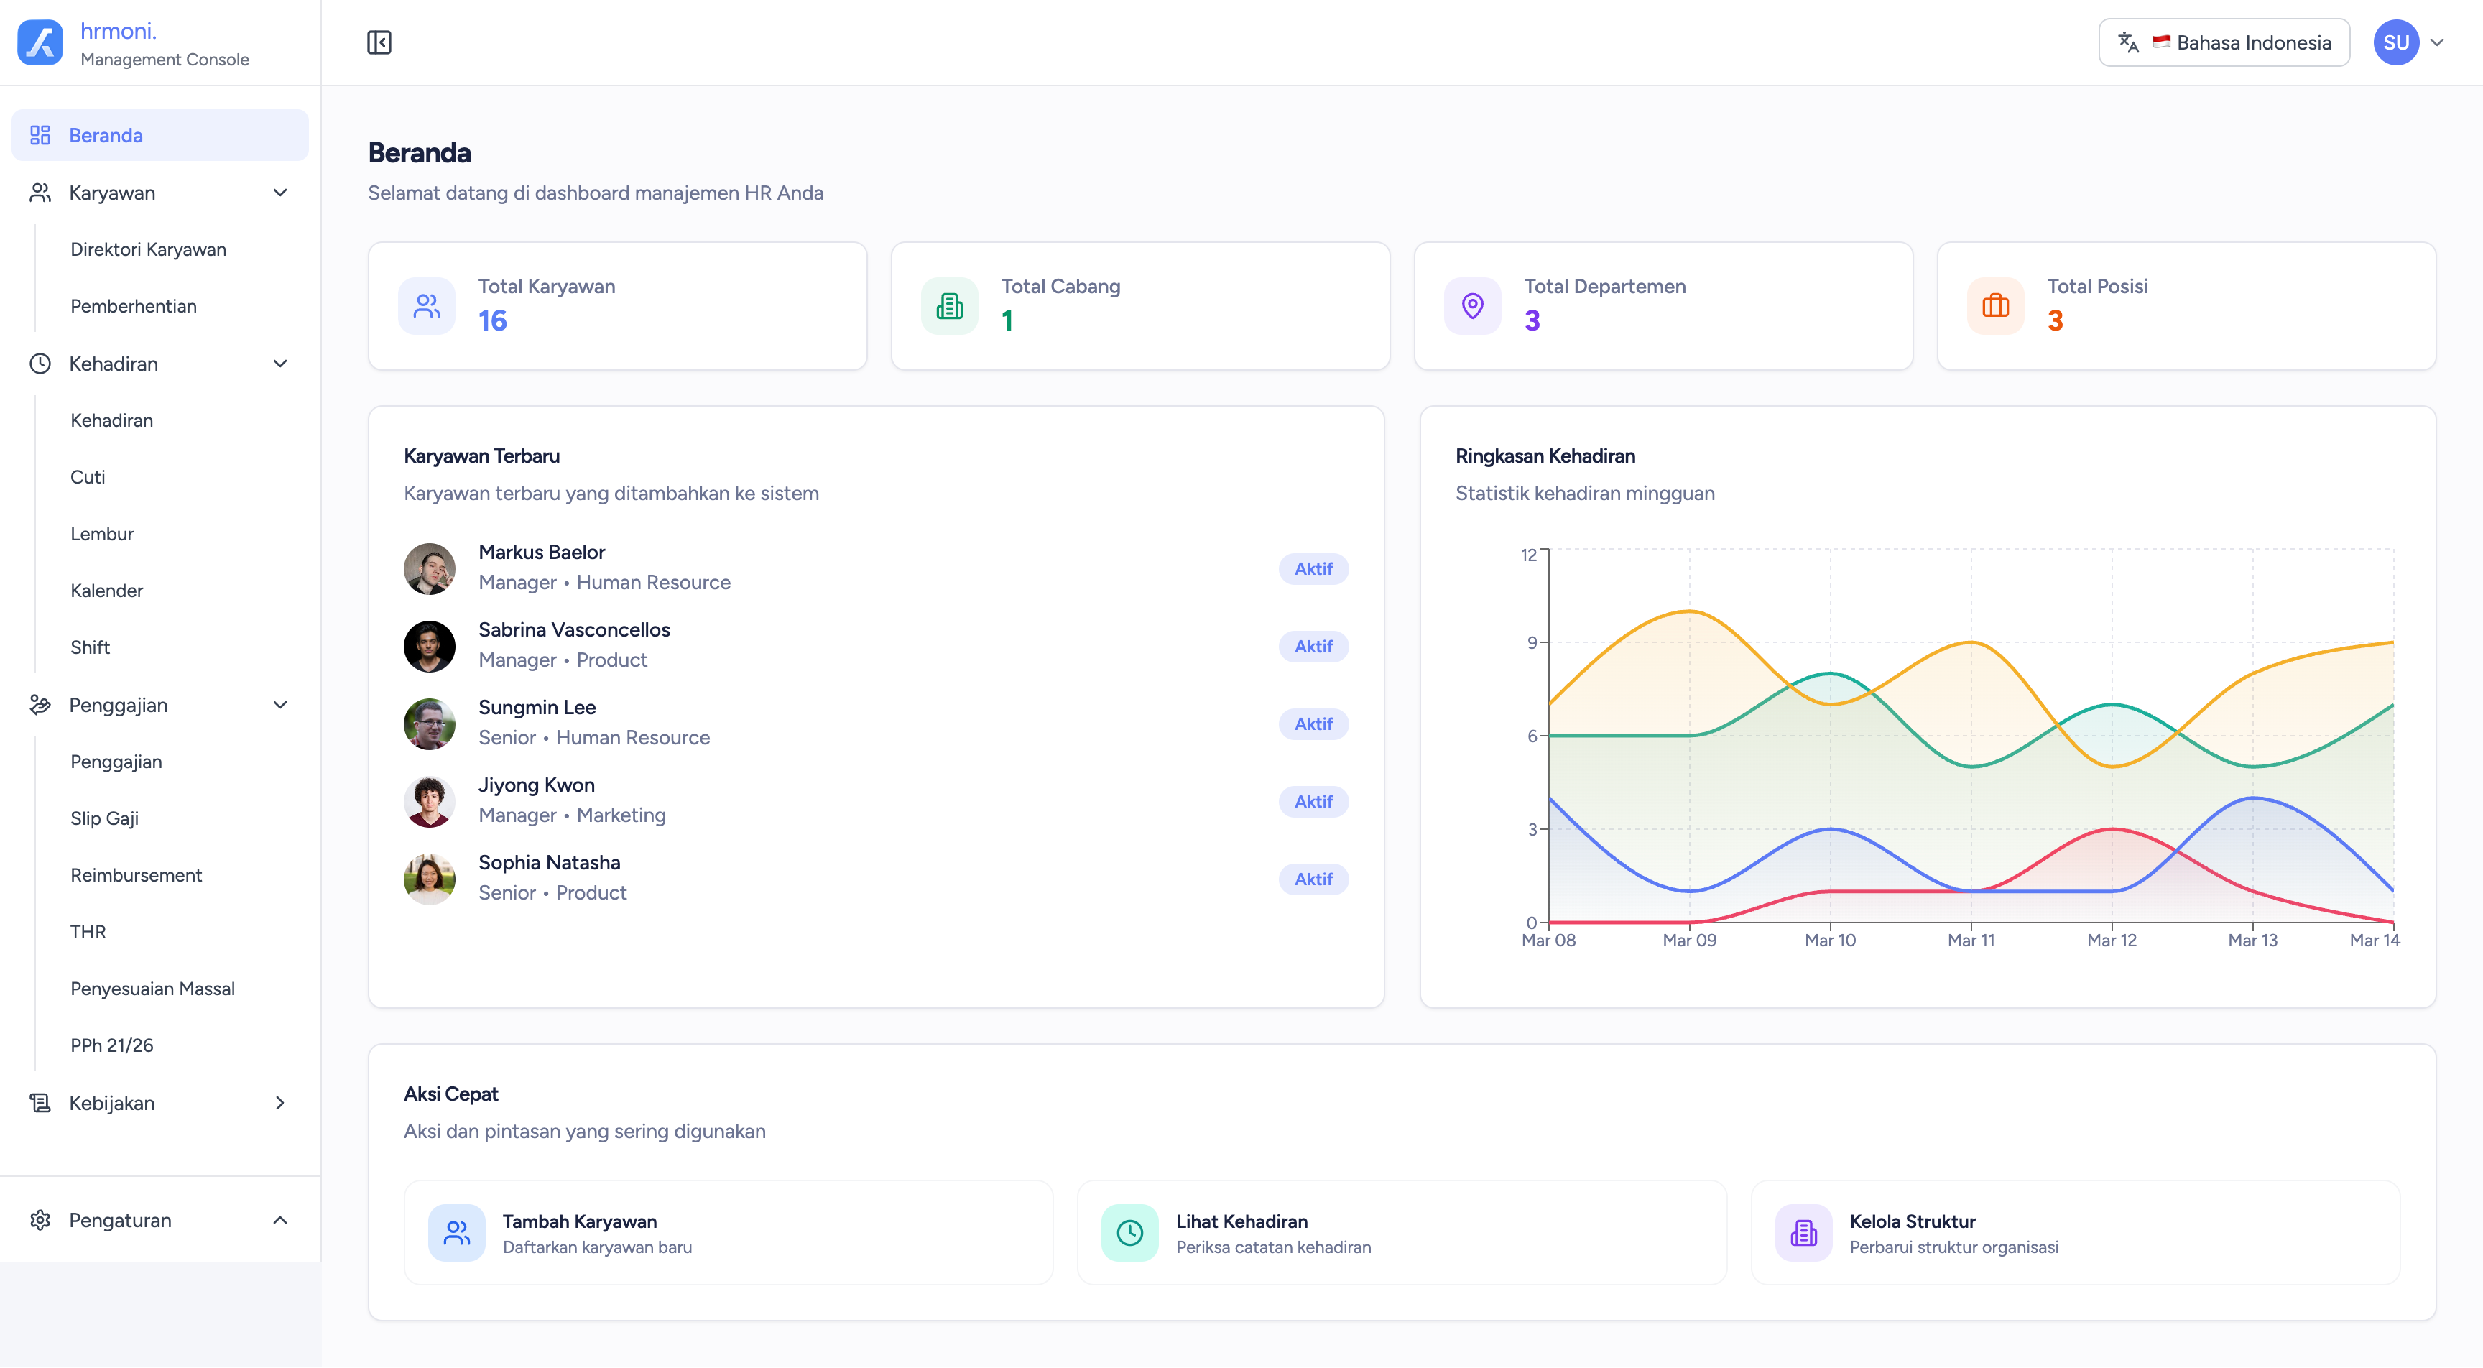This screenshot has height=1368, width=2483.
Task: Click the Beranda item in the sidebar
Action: tap(106, 135)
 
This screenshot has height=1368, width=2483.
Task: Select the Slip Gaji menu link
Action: tap(104, 818)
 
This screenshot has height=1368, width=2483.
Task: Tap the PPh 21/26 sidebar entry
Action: tap(112, 1045)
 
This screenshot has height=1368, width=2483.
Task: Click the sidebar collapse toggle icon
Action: tap(379, 42)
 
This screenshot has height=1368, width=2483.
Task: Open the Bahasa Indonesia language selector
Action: tap(2224, 42)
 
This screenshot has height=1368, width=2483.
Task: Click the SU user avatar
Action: tap(2395, 42)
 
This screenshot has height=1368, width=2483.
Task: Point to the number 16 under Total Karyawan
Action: tap(493, 321)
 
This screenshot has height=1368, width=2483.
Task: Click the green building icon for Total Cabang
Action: tap(949, 307)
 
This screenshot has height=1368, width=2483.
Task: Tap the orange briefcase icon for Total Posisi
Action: tap(1995, 307)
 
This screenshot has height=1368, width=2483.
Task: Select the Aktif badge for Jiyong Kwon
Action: tap(1313, 801)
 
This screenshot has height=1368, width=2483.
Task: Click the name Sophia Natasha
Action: tap(550, 863)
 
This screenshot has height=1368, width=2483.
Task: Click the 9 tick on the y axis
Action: tap(1532, 643)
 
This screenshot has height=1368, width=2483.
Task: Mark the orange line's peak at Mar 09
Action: tap(1690, 611)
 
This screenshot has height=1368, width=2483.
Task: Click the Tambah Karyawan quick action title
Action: tap(579, 1221)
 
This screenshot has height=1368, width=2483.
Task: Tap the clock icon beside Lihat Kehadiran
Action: tap(1129, 1232)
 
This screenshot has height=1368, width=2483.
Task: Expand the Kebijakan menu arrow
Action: tap(279, 1103)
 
